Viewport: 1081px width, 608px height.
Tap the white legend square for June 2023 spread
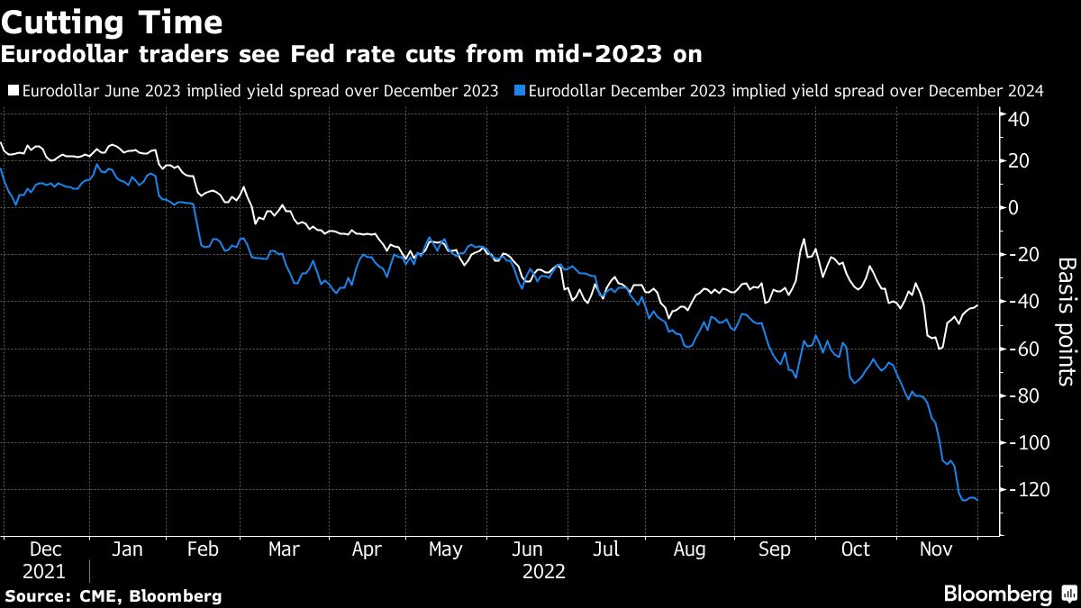point(13,91)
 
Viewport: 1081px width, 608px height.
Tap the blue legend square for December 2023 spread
point(520,91)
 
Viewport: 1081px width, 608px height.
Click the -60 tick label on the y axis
point(1024,349)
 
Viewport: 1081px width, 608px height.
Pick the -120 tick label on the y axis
point(1028,489)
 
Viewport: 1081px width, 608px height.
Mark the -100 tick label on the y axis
point(1028,442)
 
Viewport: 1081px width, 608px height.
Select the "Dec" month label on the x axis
point(45,549)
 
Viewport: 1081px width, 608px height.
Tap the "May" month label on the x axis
point(445,549)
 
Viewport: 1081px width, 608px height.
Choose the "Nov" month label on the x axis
point(936,549)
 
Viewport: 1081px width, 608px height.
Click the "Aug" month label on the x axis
point(690,549)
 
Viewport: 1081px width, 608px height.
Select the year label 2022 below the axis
point(543,571)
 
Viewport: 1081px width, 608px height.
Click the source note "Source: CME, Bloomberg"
point(112,595)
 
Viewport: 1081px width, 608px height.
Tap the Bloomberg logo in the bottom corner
point(1009,594)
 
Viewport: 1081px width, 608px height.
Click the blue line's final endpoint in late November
point(978,500)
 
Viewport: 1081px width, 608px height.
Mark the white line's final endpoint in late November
point(978,305)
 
